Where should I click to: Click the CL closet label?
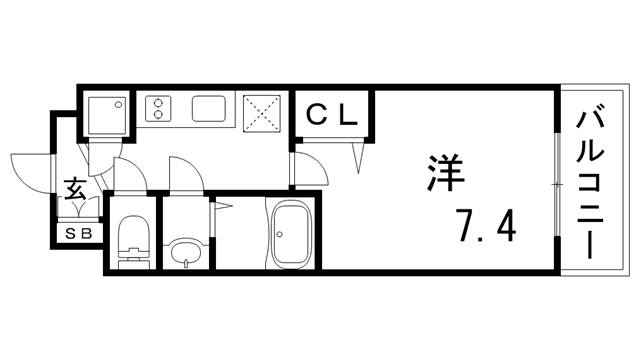point(332,114)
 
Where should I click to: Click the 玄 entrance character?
point(75,189)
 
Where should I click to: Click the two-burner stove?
point(157,107)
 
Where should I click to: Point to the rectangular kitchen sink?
point(212,107)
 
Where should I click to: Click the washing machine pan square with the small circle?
point(107,113)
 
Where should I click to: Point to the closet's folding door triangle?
point(358,153)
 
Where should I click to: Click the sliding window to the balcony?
point(556,182)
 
